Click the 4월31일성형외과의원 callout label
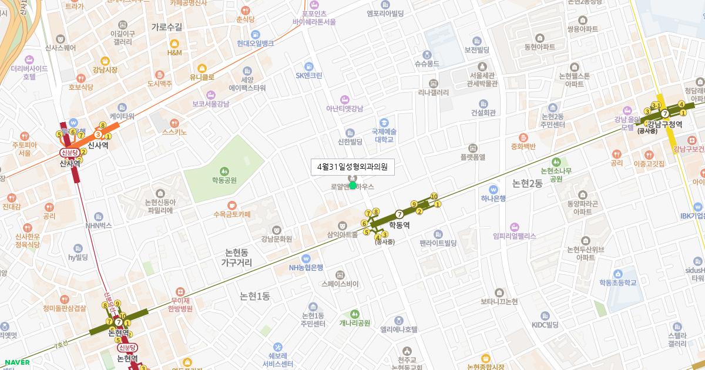pyautogui.click(x=352, y=167)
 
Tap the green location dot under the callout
pyautogui.click(x=352, y=185)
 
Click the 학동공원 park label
pyautogui.click(x=224, y=180)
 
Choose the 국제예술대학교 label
pyautogui.click(x=384, y=136)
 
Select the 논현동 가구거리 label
pyautogui.click(x=237, y=258)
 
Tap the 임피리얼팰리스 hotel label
pyautogui.click(x=515, y=236)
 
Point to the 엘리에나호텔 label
pyautogui.click(x=399, y=329)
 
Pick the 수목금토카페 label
pyautogui.click(x=231, y=214)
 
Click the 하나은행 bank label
pyautogui.click(x=493, y=198)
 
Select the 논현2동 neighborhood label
pyautogui.click(x=527, y=183)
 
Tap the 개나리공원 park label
pyautogui.click(x=355, y=322)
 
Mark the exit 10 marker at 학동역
pyautogui.click(x=434, y=196)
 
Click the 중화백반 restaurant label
pyautogui.click(x=523, y=146)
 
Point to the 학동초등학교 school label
pyautogui.click(x=618, y=282)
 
